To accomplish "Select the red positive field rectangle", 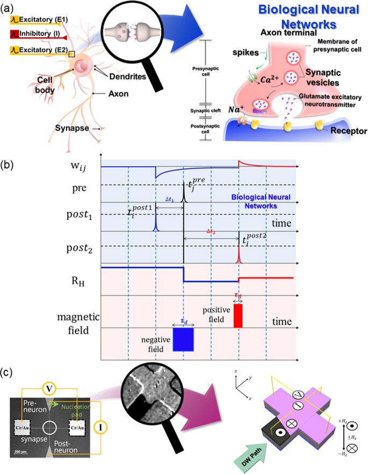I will point(238,315).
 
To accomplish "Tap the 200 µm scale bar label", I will point(21,450).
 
